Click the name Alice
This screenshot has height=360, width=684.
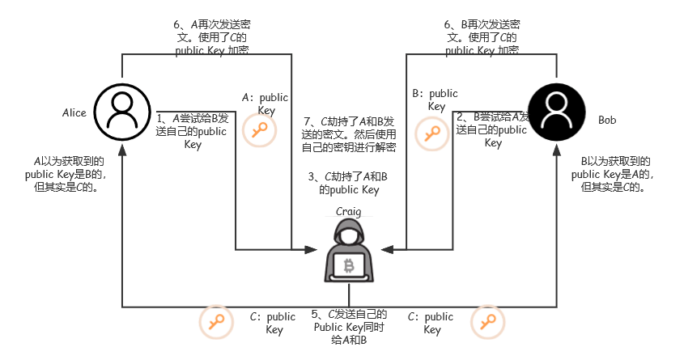74,112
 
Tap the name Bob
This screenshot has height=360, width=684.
607,120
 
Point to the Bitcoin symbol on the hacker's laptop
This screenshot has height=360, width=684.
350,266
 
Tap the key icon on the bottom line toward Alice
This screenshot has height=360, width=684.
215,322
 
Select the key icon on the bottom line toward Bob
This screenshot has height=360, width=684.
486,322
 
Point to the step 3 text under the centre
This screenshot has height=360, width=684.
349,183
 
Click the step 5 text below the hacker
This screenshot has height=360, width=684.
349,327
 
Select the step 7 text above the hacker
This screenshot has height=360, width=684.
349,134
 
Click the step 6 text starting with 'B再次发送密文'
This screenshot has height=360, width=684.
483,37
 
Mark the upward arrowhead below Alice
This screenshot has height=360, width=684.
122,149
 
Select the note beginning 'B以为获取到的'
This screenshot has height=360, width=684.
611,174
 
